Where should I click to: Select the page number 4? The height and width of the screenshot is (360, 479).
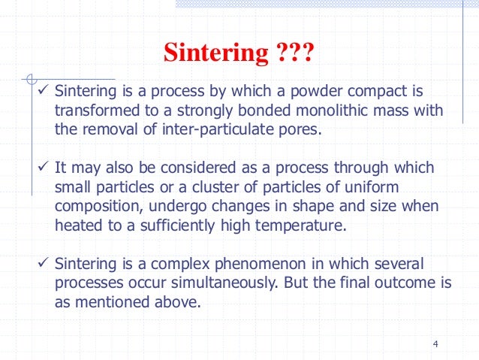(x=435, y=344)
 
